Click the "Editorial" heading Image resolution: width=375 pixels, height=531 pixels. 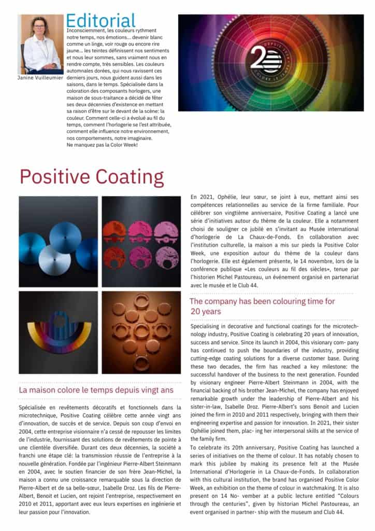point(100,20)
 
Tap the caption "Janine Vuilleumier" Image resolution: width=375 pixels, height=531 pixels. point(40,77)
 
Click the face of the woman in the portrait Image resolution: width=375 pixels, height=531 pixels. point(40,27)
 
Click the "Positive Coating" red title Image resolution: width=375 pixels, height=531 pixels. point(92,177)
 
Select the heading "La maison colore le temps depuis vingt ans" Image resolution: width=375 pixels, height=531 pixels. point(89,389)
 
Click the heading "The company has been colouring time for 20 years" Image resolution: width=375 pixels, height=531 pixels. point(262,306)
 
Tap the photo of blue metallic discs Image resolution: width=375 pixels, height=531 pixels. point(58,242)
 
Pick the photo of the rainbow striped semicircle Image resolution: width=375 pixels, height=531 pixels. point(58,332)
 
